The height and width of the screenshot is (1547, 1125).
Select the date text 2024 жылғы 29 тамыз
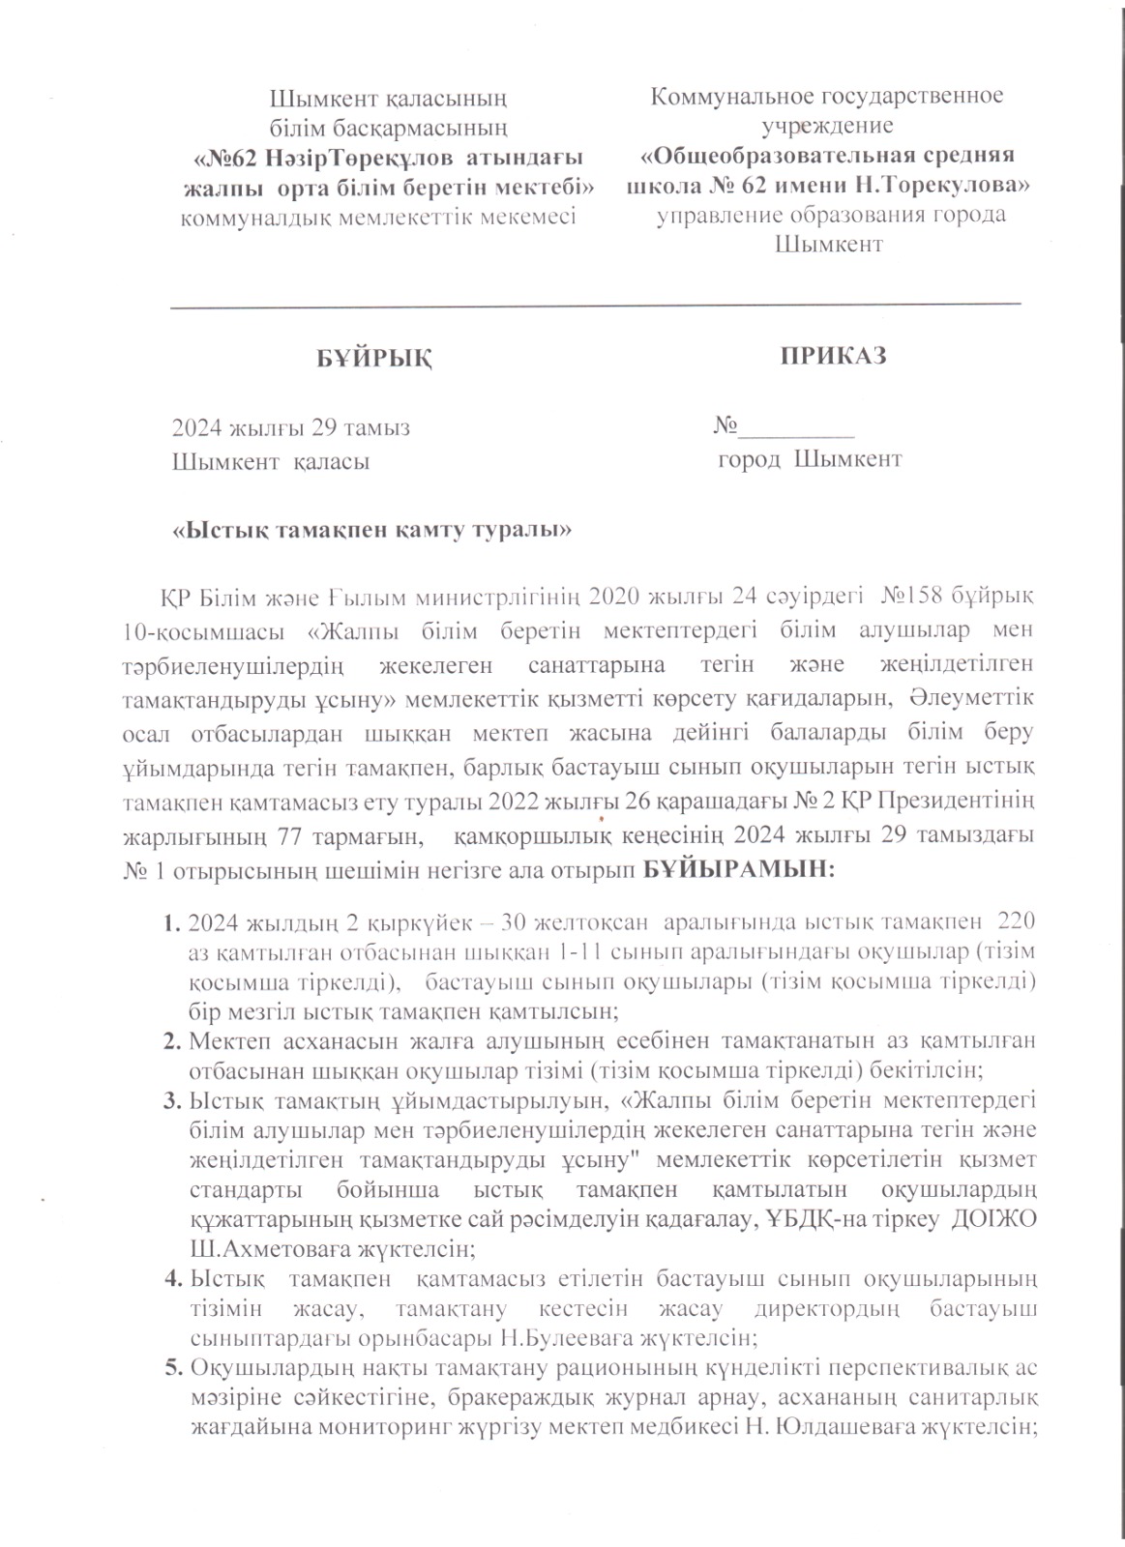(290, 428)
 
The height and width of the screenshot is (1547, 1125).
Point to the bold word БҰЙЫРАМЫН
(736, 870)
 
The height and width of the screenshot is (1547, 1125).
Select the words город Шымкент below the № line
(810, 459)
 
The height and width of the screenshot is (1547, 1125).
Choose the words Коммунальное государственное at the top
(827, 97)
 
